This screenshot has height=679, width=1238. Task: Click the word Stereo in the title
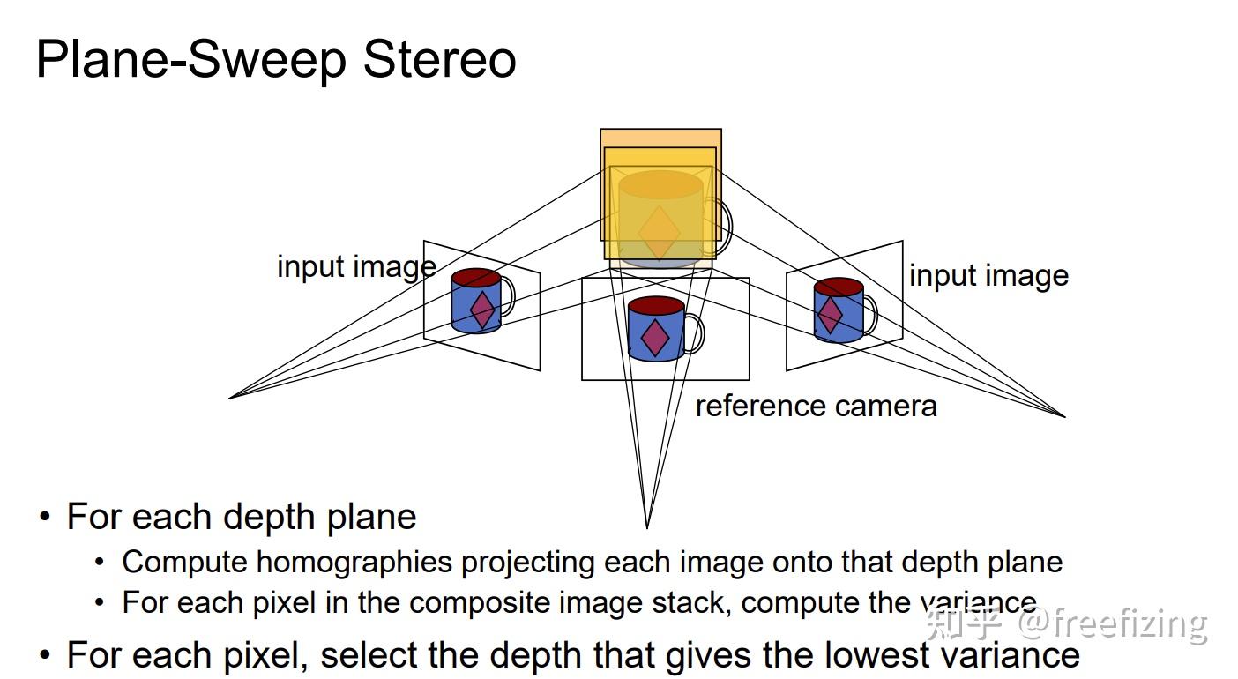coord(439,60)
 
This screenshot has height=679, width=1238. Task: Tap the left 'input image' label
coord(356,266)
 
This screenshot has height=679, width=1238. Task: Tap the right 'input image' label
coord(988,276)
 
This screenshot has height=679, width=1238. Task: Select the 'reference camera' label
coord(816,406)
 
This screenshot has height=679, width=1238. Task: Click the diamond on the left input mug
coord(482,310)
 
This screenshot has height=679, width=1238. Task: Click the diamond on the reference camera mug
coord(654,338)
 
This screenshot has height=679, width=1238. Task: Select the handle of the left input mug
coord(508,296)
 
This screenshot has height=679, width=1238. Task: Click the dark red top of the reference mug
coord(656,306)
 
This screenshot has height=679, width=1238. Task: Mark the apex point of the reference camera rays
coord(647,527)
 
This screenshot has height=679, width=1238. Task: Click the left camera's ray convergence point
coord(230,398)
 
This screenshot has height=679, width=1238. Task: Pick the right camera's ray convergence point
coord(1064,415)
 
